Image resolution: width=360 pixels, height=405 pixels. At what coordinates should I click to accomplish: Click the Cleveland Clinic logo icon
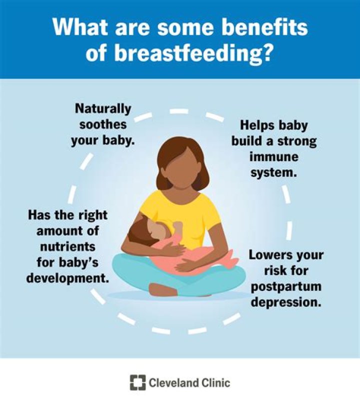[x=137, y=383]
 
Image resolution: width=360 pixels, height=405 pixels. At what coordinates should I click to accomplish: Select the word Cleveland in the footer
[x=173, y=383]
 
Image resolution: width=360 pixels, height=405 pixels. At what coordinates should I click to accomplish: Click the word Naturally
[x=102, y=108]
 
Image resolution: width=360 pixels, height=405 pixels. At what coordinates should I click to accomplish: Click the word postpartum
[x=285, y=287]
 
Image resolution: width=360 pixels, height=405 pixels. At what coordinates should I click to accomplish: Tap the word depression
[x=285, y=303]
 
